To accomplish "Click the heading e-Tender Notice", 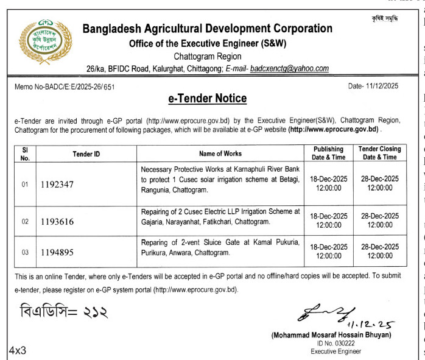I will pyautogui.click(x=208, y=99).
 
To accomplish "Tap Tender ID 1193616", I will pyautogui.click(x=57, y=222).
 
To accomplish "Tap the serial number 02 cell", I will pyautogui.click(x=25, y=222).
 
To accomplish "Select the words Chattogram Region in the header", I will pyautogui.click(x=208, y=57).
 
